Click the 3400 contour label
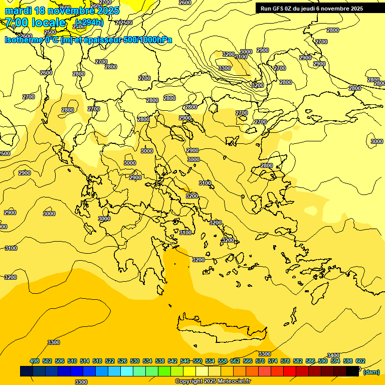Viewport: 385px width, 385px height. coord(333,355)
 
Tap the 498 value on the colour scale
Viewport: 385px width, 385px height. coord(35,361)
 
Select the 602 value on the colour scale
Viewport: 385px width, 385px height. coord(360,361)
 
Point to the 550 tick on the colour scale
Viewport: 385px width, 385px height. coord(197,361)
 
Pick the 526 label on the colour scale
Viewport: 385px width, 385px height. coord(122,361)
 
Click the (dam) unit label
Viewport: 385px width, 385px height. coord(371,371)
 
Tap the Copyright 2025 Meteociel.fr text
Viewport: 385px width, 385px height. coord(213,381)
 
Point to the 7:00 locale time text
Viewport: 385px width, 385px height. coord(35,23)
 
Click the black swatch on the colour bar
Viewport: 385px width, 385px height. coord(352,371)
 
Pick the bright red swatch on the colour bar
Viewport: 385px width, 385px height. coord(290,371)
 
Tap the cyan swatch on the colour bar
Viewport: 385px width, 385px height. coord(127,371)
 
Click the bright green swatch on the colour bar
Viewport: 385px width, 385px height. coord(164,371)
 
